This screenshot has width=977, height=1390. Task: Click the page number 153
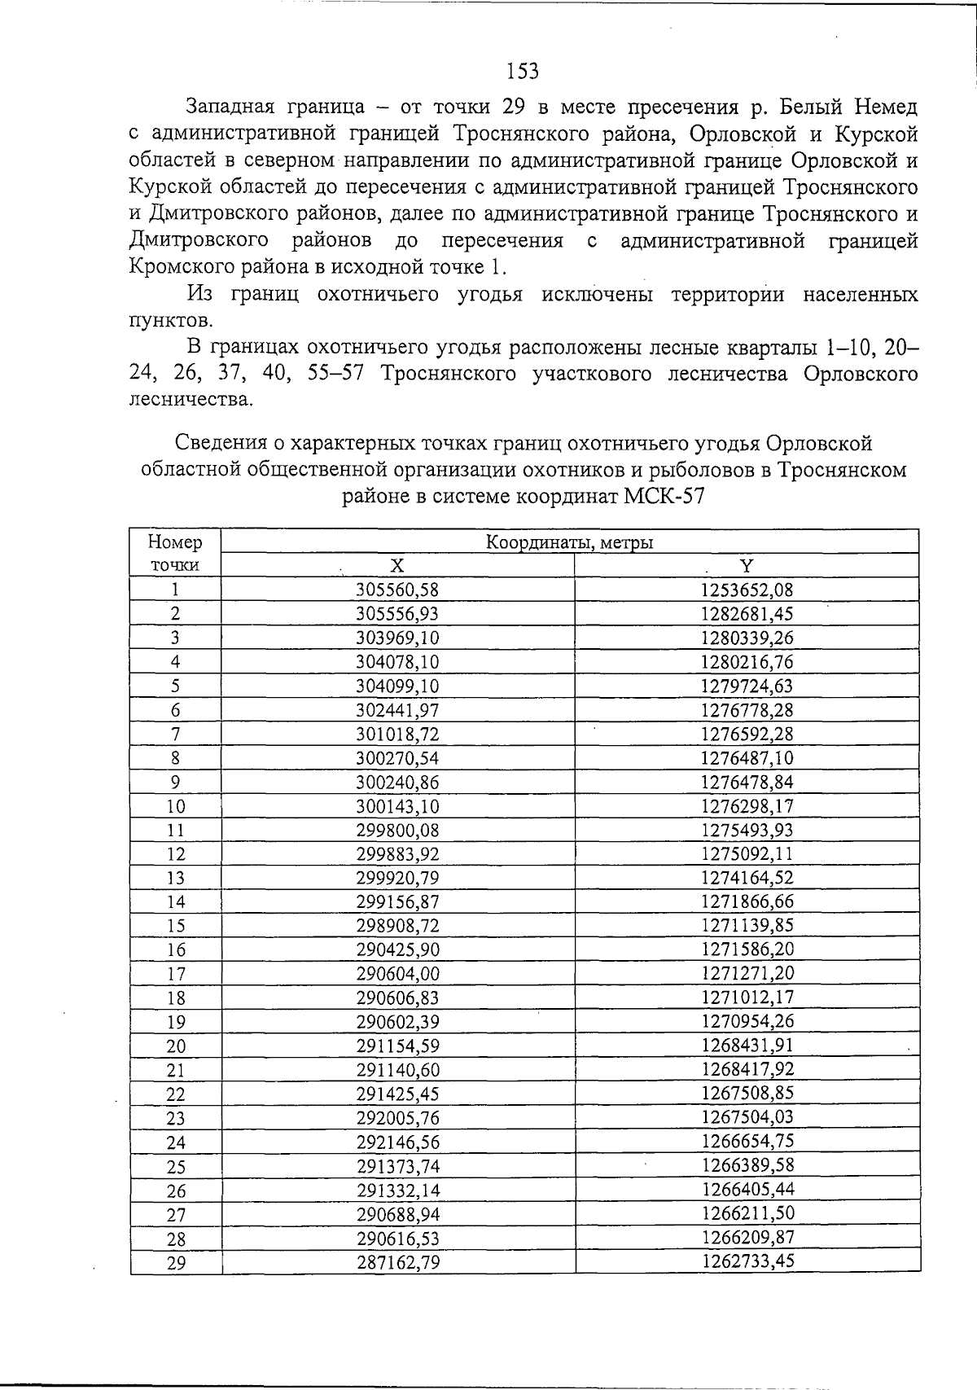[x=522, y=72]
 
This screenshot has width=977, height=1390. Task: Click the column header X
[x=396, y=566]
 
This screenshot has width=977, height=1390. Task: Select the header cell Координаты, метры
[x=569, y=542]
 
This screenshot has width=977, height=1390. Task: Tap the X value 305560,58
[x=397, y=590]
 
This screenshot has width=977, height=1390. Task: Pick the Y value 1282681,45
[x=747, y=614]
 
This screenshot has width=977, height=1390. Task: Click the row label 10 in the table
[x=175, y=807]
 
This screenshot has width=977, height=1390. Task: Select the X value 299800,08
[x=397, y=831]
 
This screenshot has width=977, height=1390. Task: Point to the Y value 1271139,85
[x=747, y=926]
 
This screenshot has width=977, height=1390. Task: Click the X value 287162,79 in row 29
[x=397, y=1263]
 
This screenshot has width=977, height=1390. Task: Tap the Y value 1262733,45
[x=747, y=1262]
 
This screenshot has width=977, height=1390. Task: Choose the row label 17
[x=175, y=975]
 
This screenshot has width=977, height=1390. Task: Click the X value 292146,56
[x=397, y=1142]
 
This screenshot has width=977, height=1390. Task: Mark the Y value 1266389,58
[x=747, y=1166]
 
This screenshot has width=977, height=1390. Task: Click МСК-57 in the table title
[x=662, y=496]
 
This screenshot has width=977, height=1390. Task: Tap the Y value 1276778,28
[x=747, y=710]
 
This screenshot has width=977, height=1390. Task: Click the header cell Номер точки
[x=175, y=554]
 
